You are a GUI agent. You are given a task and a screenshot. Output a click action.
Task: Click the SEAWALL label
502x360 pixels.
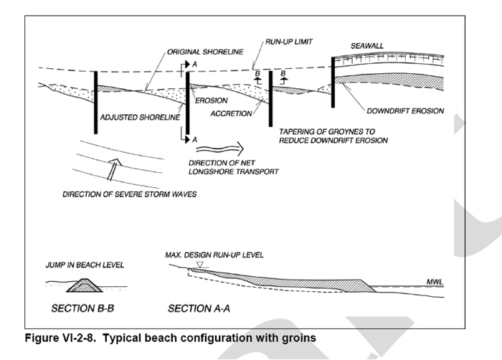[367, 46]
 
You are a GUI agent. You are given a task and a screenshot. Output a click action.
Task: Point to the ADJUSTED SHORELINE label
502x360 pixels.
[139, 116]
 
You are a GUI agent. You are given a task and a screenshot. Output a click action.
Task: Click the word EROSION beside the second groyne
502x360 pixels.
[212, 101]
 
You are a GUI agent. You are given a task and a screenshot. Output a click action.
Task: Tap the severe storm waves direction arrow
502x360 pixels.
[110, 172]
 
